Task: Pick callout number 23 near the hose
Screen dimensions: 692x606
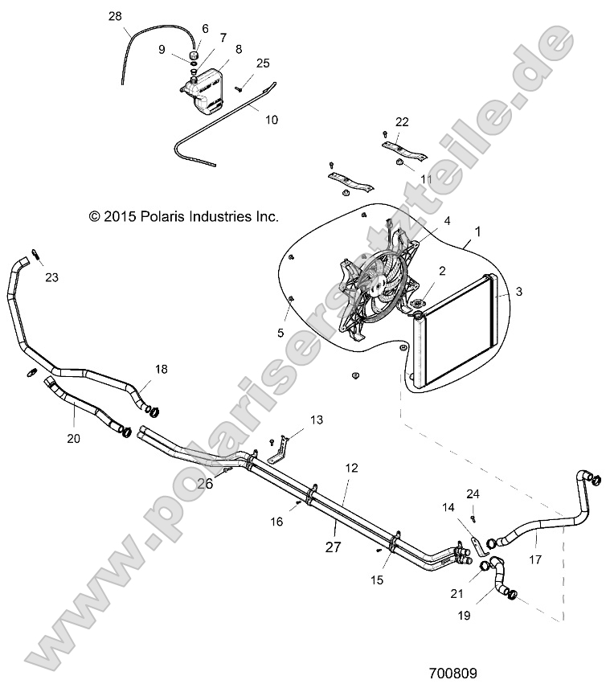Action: click(51, 277)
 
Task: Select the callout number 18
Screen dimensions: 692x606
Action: click(161, 369)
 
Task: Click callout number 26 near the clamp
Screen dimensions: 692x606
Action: click(206, 484)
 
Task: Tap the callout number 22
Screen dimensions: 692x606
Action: click(402, 122)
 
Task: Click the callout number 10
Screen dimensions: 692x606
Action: click(272, 119)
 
